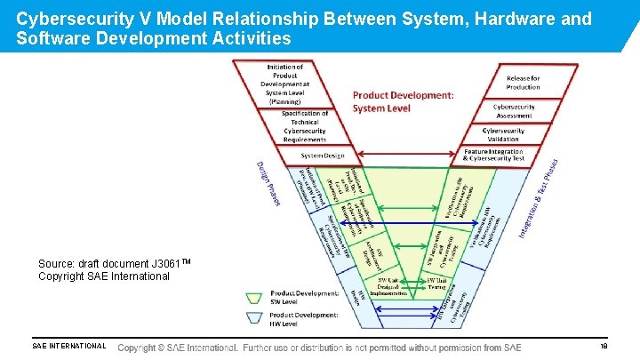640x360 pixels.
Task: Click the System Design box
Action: (x=323, y=156)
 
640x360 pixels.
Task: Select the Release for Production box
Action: (x=523, y=83)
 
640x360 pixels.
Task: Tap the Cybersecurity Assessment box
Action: (x=514, y=111)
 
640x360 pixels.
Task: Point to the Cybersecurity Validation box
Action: (x=503, y=134)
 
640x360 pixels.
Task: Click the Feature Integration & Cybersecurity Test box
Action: (x=494, y=155)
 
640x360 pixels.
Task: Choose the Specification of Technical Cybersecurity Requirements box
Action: (x=305, y=126)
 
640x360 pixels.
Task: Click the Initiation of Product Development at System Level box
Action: (x=285, y=84)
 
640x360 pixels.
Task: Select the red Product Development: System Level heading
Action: (x=403, y=101)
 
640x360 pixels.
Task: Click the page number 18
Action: (x=604, y=347)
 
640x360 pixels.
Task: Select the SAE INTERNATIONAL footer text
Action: (x=68, y=347)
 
